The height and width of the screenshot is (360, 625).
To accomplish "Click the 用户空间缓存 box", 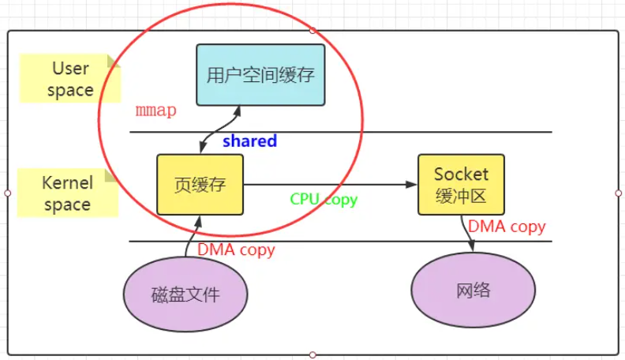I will [260, 75].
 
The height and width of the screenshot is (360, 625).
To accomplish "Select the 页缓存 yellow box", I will [200, 185].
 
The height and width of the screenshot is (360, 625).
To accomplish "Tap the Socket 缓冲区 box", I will [461, 184].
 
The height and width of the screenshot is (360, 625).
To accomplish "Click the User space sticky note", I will [69, 79].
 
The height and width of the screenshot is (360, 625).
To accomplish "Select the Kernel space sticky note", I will [67, 193].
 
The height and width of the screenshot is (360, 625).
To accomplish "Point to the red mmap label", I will [155, 111].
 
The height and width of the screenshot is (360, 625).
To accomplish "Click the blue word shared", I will [249, 141].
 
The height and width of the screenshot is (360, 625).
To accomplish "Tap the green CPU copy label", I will [324, 199].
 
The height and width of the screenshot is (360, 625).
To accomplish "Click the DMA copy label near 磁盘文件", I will [236, 249].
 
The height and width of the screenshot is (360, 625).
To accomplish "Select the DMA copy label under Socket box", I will [507, 227].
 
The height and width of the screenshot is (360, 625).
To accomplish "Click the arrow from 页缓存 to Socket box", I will [331, 185].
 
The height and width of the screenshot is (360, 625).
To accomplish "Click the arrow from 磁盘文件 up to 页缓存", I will [189, 237].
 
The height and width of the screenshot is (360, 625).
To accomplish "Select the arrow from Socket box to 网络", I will [467, 234].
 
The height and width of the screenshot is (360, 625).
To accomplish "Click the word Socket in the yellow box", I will [461, 174].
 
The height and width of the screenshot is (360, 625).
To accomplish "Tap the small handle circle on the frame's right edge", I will [618, 193].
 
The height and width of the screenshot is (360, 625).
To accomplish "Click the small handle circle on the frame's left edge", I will [7, 193].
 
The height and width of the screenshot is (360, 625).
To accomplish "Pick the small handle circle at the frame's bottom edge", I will [312, 354].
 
